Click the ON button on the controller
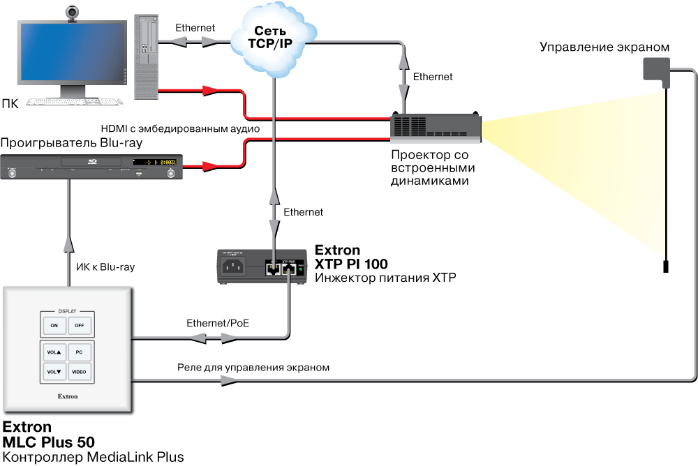point(54,326)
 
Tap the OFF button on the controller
point(80,326)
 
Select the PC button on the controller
point(80,352)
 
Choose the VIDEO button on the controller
point(80,372)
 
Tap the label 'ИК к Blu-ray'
point(105,266)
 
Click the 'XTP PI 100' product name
point(351,264)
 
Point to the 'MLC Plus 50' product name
point(49,442)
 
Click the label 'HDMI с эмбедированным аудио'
point(181,129)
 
